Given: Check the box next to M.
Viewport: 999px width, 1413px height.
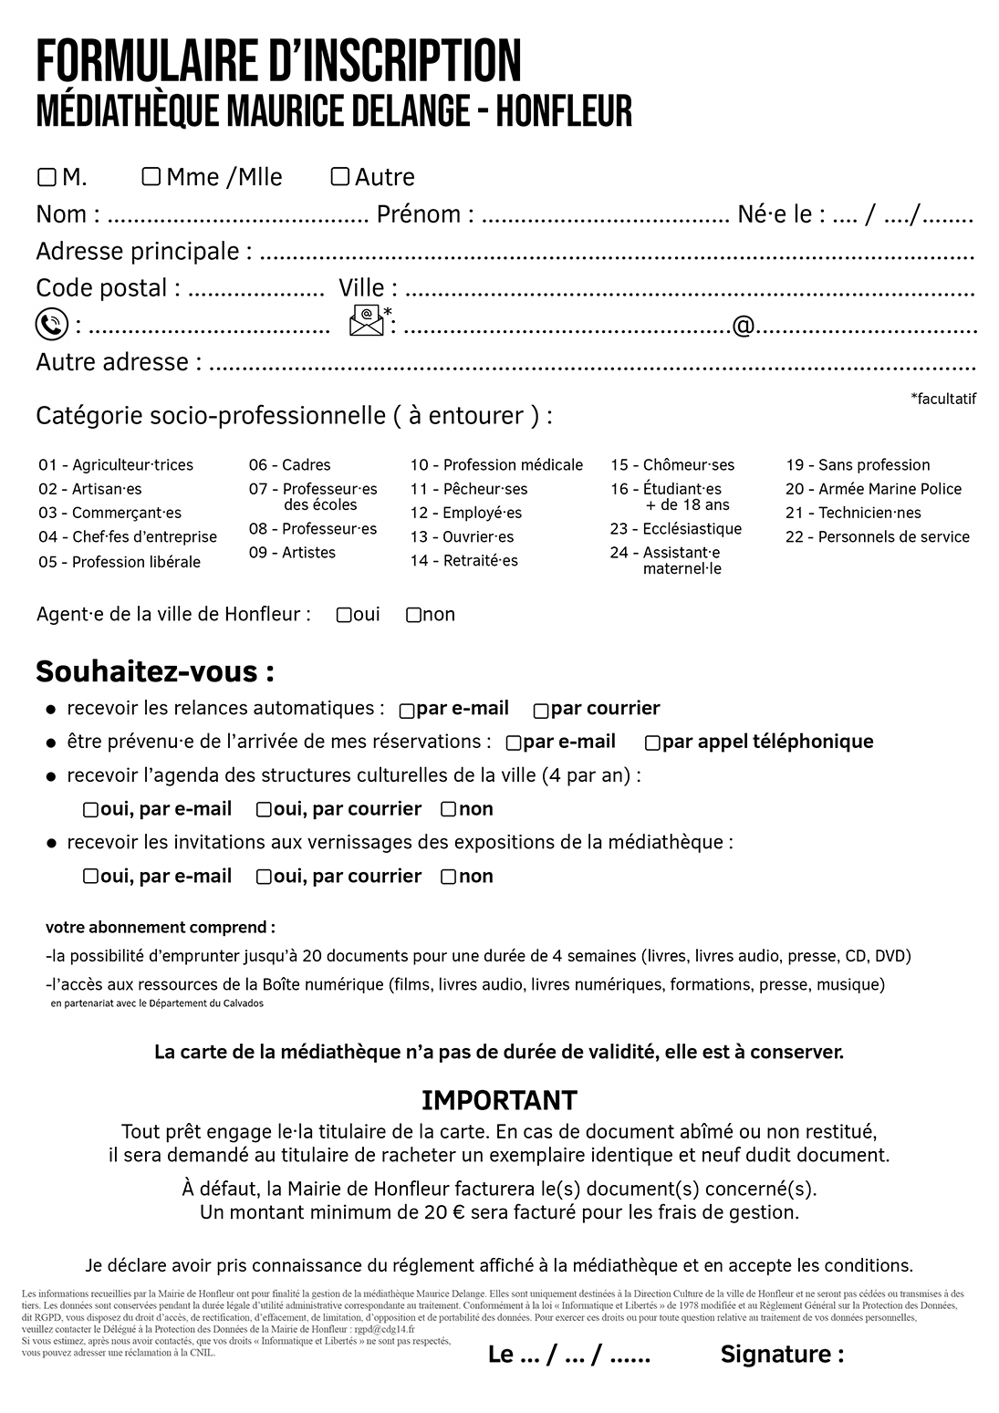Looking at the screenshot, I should (47, 177).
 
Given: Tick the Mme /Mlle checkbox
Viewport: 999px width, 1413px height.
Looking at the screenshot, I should (151, 176).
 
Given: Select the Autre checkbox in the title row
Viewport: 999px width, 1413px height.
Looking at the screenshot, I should (339, 176).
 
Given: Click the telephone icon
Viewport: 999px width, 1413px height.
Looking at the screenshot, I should (52, 325).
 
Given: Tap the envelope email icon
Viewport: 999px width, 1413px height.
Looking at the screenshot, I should (367, 322).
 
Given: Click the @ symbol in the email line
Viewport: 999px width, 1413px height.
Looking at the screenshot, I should (743, 326).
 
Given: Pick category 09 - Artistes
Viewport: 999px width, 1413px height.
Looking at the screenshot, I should (292, 553).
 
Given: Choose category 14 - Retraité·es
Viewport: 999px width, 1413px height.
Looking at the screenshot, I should (463, 561).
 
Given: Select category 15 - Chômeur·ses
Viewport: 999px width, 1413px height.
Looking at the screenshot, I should (672, 465).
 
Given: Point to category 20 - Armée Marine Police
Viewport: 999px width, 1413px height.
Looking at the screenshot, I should (873, 489).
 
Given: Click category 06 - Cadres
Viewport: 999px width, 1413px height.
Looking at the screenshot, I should (289, 465).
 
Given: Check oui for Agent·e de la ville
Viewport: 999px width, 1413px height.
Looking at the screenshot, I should (344, 616).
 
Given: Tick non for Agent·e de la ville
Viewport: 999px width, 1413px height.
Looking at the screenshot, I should (413, 616).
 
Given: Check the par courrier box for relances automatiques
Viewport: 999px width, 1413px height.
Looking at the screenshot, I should (541, 711).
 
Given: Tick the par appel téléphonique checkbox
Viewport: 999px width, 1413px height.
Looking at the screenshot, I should (652, 743).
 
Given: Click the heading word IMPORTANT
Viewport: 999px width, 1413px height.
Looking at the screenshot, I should (499, 1100).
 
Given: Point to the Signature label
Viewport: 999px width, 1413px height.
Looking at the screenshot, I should (782, 1355).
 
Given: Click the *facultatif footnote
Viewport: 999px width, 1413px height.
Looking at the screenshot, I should (942, 399).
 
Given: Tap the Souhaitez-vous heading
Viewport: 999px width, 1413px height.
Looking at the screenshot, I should (155, 672).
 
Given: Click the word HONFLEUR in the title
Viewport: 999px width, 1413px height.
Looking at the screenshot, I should (566, 111).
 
